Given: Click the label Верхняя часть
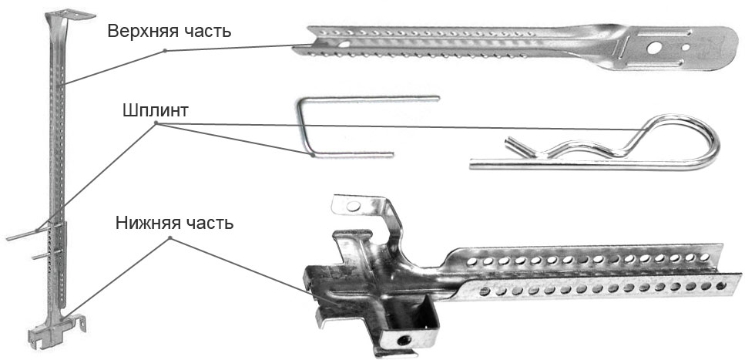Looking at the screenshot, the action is point(169,32).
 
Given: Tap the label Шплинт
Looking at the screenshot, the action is point(156,110).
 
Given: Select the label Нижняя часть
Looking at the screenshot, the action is point(174,223).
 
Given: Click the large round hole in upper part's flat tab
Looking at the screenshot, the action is point(654,48).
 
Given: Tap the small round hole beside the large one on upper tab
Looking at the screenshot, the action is point(685,48).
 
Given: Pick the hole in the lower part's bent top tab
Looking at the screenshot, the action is point(354,206).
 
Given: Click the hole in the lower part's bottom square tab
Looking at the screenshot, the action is point(404,341).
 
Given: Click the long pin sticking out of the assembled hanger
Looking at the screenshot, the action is point(32,233).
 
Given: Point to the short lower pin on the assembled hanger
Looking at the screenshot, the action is point(46,255).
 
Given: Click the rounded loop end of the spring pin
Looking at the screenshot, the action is point(713,143).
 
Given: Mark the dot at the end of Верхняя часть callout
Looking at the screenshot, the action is point(165,50).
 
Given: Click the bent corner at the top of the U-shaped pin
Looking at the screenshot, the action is point(301,100).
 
